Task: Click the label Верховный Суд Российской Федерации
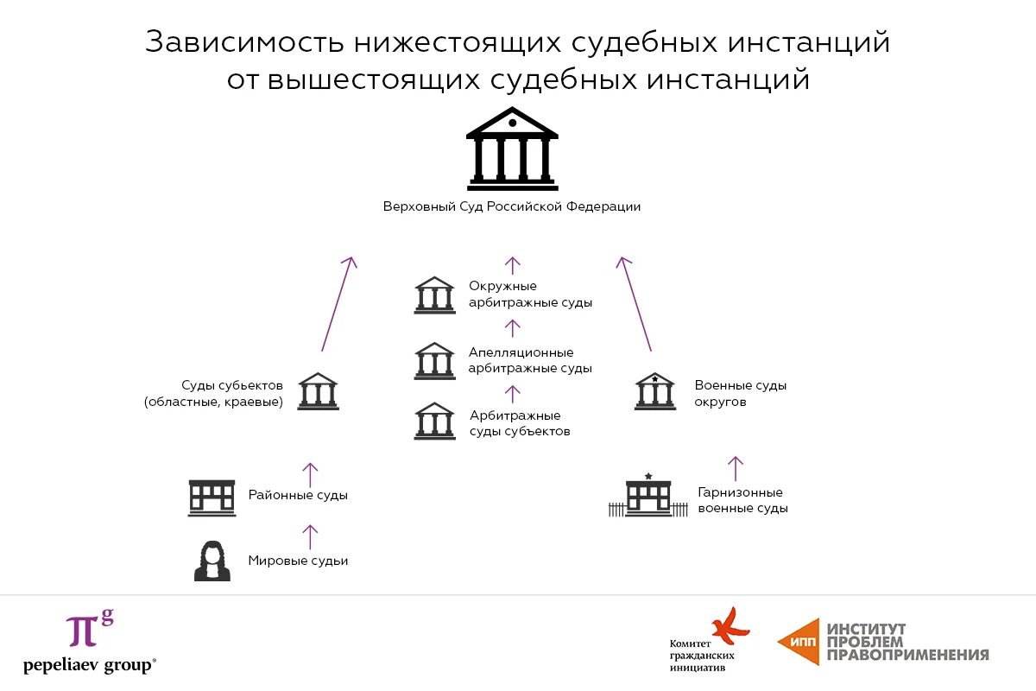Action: (512, 207)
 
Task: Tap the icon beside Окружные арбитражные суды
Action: (434, 295)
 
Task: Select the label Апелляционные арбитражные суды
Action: (530, 360)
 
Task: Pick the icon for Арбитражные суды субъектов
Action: (434, 422)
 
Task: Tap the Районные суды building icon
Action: (212, 498)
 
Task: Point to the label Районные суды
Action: (298, 496)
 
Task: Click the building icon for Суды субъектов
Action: (319, 392)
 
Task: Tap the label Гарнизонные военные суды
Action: (742, 501)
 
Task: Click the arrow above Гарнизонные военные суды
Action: (735, 468)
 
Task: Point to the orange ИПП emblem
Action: (799, 641)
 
